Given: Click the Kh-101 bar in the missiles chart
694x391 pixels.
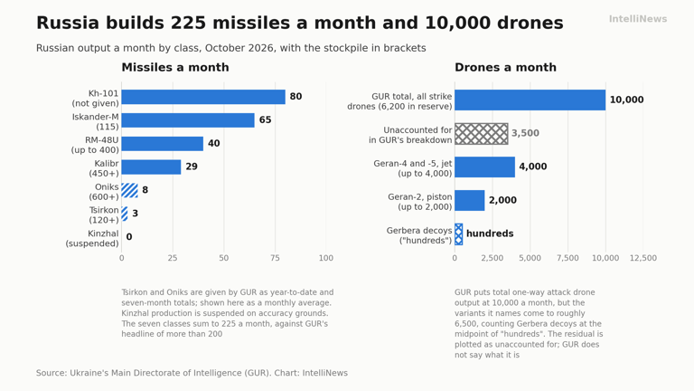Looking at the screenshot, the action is [x=203, y=97].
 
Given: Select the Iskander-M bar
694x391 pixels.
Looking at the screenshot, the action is [x=188, y=120].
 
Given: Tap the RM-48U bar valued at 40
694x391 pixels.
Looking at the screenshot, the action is [x=163, y=144].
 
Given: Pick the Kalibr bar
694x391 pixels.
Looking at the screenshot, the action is [x=152, y=167].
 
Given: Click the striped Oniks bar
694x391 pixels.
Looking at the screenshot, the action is [x=130, y=190].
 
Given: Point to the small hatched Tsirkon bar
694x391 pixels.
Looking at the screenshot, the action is [x=125, y=214].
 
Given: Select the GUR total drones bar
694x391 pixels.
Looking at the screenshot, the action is [x=530, y=100].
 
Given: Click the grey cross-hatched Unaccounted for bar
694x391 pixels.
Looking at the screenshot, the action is [x=481, y=133].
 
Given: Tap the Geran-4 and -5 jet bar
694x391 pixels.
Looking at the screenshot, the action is [x=484, y=167].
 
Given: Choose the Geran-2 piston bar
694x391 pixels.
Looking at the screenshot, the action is [x=470, y=200].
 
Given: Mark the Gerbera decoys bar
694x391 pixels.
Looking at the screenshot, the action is [x=458, y=234].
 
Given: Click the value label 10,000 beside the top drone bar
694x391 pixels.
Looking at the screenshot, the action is [x=627, y=100].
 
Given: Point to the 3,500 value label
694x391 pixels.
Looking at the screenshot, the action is [x=525, y=133].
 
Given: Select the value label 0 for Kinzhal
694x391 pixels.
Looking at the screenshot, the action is [x=129, y=237].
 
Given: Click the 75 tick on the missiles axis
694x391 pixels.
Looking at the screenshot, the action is [x=275, y=258].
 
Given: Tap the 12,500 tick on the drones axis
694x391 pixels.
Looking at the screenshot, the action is [x=643, y=258].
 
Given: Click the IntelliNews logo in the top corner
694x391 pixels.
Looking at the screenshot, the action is [x=638, y=19].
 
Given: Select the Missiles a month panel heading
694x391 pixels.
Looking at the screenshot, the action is [x=175, y=67].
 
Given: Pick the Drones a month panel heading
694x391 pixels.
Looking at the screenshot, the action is [x=505, y=67].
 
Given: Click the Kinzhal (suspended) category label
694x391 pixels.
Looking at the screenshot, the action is [x=92, y=239].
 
